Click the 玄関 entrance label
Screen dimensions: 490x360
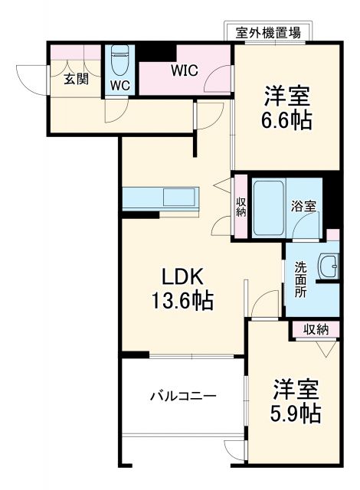[74, 78]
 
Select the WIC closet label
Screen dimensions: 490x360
[185, 71]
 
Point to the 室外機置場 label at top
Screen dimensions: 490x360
[267, 33]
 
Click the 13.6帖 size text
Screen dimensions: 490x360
[181, 300]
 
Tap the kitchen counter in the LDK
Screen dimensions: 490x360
[161, 198]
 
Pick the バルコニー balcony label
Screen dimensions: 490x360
[183, 396]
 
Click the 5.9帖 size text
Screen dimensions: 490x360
[295, 413]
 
